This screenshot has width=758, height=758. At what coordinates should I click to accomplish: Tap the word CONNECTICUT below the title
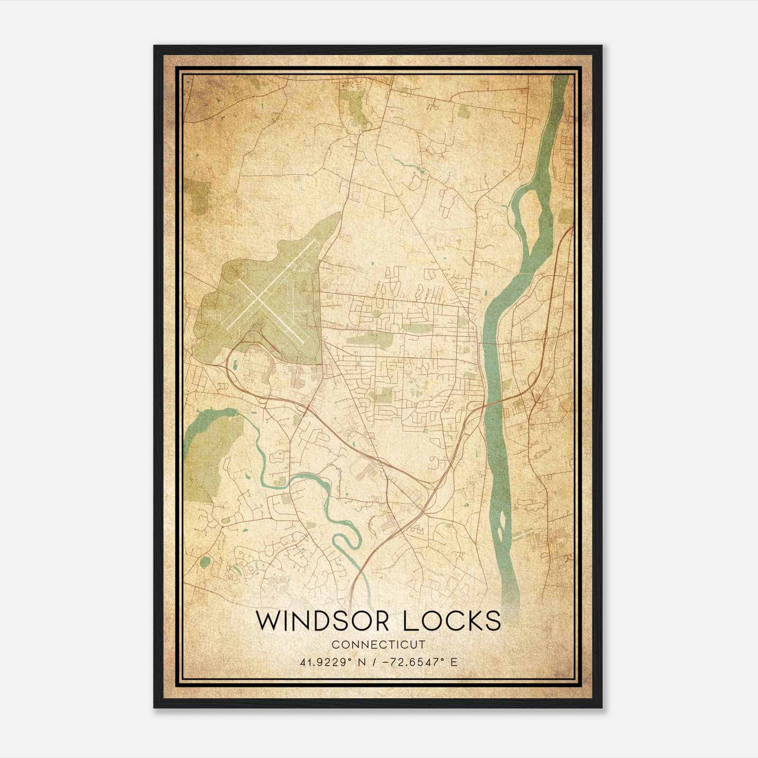379,644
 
